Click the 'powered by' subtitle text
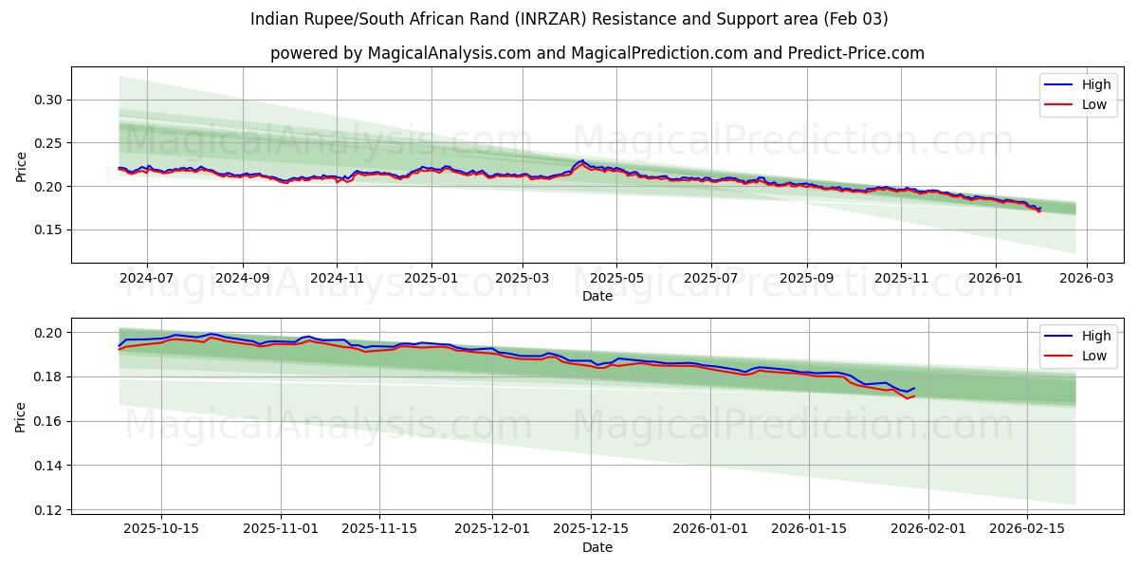click(x=597, y=53)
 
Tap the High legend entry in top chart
click(x=1095, y=84)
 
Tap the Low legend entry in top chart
click(x=1093, y=104)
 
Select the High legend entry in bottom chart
click(x=1095, y=336)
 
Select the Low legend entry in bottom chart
click(x=1093, y=356)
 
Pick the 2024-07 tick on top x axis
click(x=147, y=279)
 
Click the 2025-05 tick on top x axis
click(x=616, y=279)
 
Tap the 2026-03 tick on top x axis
click(x=1086, y=279)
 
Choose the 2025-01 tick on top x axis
click(x=431, y=279)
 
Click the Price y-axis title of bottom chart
click(x=21, y=417)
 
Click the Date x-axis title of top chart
click(x=597, y=296)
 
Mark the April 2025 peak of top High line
click(x=582, y=161)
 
